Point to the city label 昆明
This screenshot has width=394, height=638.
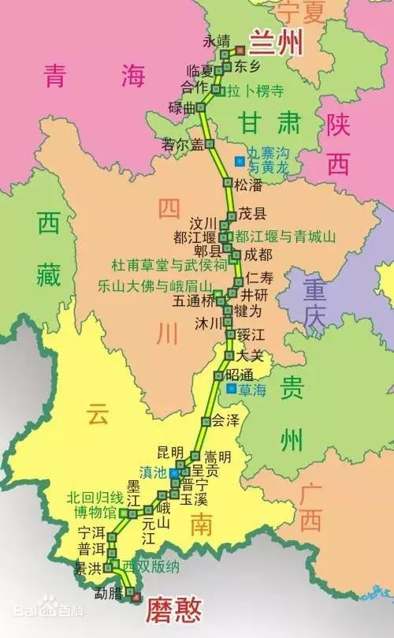coord(169,452)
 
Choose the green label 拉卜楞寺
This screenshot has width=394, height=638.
coord(255,91)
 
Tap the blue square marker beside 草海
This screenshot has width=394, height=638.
coord(230,389)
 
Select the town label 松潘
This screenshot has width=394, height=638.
coord(247,184)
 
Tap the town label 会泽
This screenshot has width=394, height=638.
coord(225,420)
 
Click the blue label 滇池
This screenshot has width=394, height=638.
coord(152,471)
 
